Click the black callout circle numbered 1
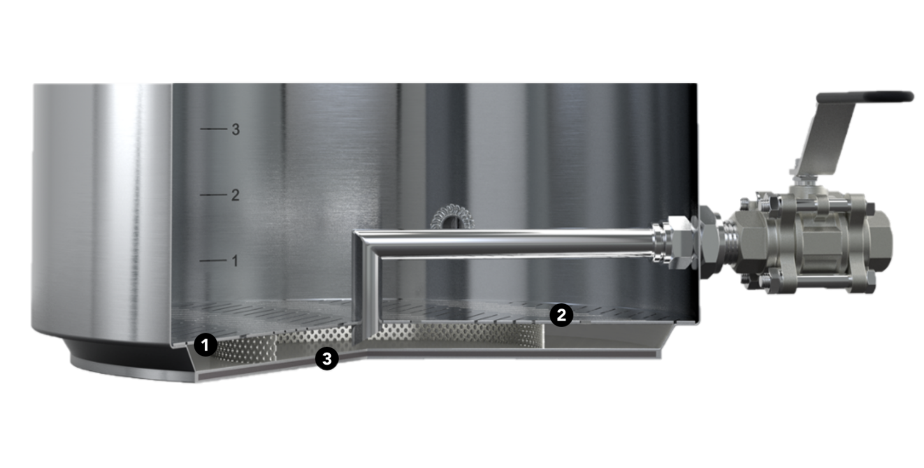205,344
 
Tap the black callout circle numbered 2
561,316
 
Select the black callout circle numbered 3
327,358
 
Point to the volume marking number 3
236,129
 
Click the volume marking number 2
235,195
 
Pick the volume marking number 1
235,261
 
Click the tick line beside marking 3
213,129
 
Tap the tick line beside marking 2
213,194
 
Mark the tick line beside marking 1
213,260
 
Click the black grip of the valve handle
865,96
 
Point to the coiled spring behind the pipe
452,217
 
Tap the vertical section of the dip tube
368,289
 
